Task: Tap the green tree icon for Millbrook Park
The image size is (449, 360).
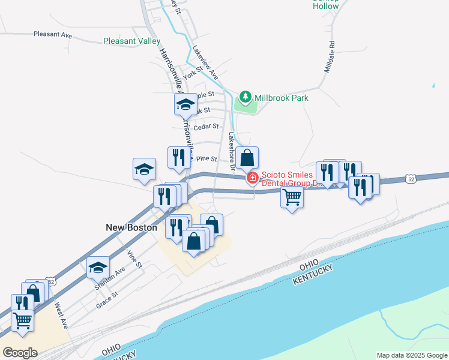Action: pyautogui.click(x=245, y=97)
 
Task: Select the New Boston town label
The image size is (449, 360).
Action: pyautogui.click(x=131, y=227)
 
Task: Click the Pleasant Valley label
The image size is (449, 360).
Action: pyautogui.click(x=131, y=41)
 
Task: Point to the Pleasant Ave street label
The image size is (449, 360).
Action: pyautogui.click(x=53, y=35)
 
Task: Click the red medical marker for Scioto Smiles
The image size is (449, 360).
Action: pyautogui.click(x=252, y=178)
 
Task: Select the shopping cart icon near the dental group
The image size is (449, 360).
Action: pyautogui.click(x=292, y=196)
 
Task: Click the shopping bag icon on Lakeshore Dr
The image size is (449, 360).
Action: pyautogui.click(x=247, y=158)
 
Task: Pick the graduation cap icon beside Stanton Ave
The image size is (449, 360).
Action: pyautogui.click(x=98, y=267)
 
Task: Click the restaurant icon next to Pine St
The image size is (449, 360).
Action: pyautogui.click(x=178, y=157)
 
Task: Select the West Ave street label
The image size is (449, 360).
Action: pyautogui.click(x=60, y=315)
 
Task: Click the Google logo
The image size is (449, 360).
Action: pyautogui.click(x=20, y=352)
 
